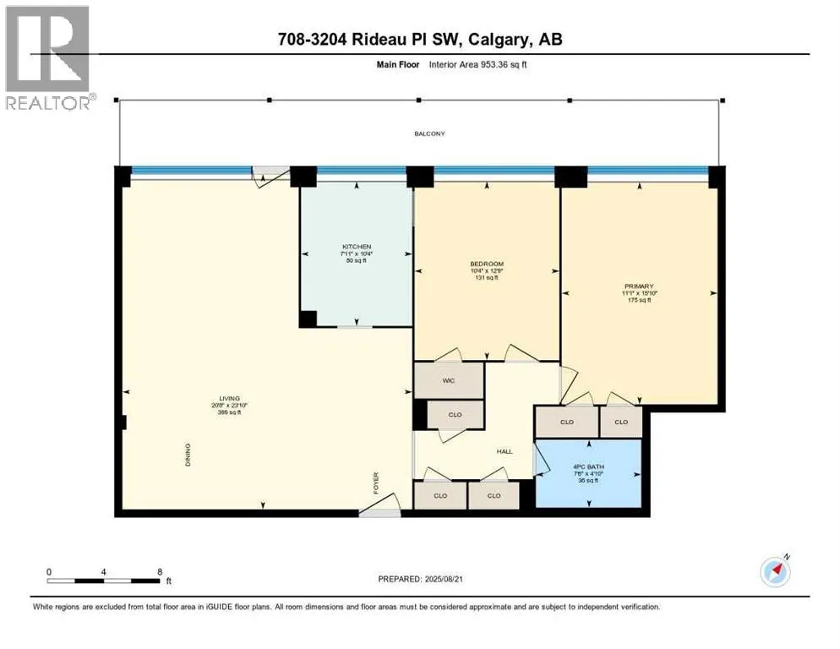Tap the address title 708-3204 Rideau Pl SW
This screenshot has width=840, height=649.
point(419,39)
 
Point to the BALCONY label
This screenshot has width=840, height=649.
point(428,134)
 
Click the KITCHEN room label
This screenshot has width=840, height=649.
point(356,246)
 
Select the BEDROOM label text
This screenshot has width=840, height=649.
point(486,264)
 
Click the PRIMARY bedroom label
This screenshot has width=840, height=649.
point(639,286)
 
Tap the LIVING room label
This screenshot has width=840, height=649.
point(229,398)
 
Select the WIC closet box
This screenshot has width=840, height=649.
point(448,380)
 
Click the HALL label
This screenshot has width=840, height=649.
point(505,451)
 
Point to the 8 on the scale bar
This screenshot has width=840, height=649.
point(160,571)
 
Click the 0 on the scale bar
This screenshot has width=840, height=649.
point(49,571)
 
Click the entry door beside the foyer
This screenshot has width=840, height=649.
point(379,510)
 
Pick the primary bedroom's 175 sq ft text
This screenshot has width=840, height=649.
point(639,301)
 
